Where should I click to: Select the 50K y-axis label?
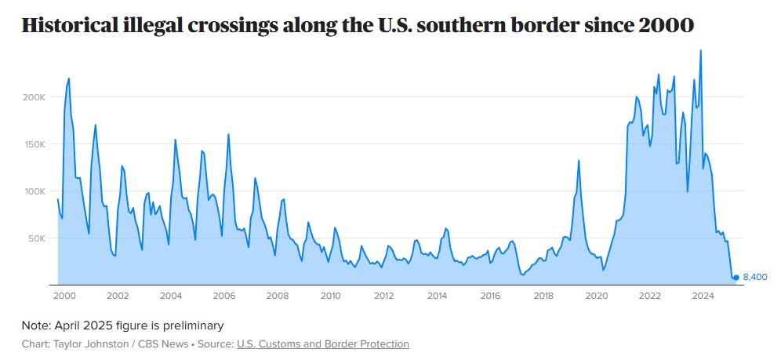click(35, 238)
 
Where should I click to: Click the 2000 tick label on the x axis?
click(64, 296)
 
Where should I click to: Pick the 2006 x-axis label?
click(223, 296)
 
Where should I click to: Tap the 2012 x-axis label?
click(383, 296)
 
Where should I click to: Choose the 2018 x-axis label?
click(543, 296)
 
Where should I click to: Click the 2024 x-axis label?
click(703, 296)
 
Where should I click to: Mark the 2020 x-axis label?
click(597, 296)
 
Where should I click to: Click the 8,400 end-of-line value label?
click(754, 278)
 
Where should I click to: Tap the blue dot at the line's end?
click(736, 278)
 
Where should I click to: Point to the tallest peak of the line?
click(700, 50)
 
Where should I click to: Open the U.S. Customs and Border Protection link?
click(322, 344)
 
